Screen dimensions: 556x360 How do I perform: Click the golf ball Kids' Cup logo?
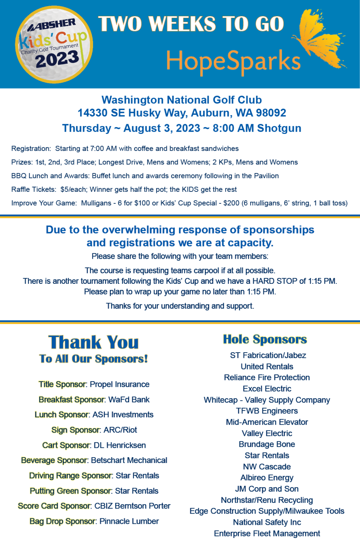coord(54,45)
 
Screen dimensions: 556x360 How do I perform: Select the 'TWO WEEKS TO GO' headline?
coord(191,24)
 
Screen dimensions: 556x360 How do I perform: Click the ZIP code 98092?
coord(271,113)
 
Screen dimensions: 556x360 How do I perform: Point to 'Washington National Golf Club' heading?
coord(181,100)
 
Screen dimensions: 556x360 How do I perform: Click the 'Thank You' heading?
coord(93,342)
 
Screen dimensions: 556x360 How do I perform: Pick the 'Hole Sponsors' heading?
coord(265,340)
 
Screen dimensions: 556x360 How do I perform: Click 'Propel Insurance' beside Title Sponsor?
coord(120,384)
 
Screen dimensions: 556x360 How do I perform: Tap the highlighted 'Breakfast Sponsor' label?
coord(72,400)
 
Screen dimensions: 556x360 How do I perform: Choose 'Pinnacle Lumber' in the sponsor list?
coord(129,521)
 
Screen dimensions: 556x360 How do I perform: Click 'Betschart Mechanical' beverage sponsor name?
coord(129,460)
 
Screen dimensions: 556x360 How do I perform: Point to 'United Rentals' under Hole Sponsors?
coord(267,367)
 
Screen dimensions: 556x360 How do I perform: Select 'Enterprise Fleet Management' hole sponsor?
coord(267,534)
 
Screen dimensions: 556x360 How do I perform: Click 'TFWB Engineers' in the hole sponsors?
coord(267,411)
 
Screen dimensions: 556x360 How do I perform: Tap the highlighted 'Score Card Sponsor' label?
coord(54,506)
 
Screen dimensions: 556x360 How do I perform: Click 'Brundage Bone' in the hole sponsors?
coord(267,445)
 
